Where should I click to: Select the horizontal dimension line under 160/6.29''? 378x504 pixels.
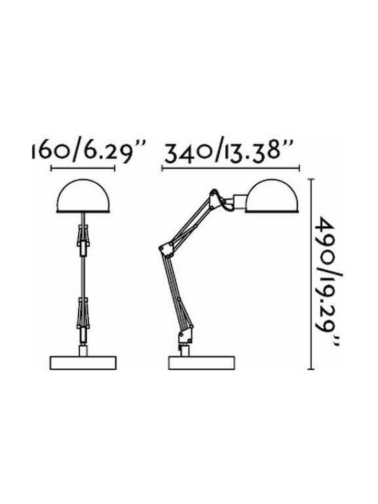click(x=83, y=168)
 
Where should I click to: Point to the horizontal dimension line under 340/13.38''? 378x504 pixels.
click(x=231, y=168)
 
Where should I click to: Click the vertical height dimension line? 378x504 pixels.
click(x=311, y=274)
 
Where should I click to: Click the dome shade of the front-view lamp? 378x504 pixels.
click(x=83, y=196)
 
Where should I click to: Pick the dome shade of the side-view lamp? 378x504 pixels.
click(x=272, y=196)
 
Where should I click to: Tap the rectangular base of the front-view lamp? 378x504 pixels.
click(x=83, y=363)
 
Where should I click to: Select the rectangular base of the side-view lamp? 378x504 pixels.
click(x=202, y=363)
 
